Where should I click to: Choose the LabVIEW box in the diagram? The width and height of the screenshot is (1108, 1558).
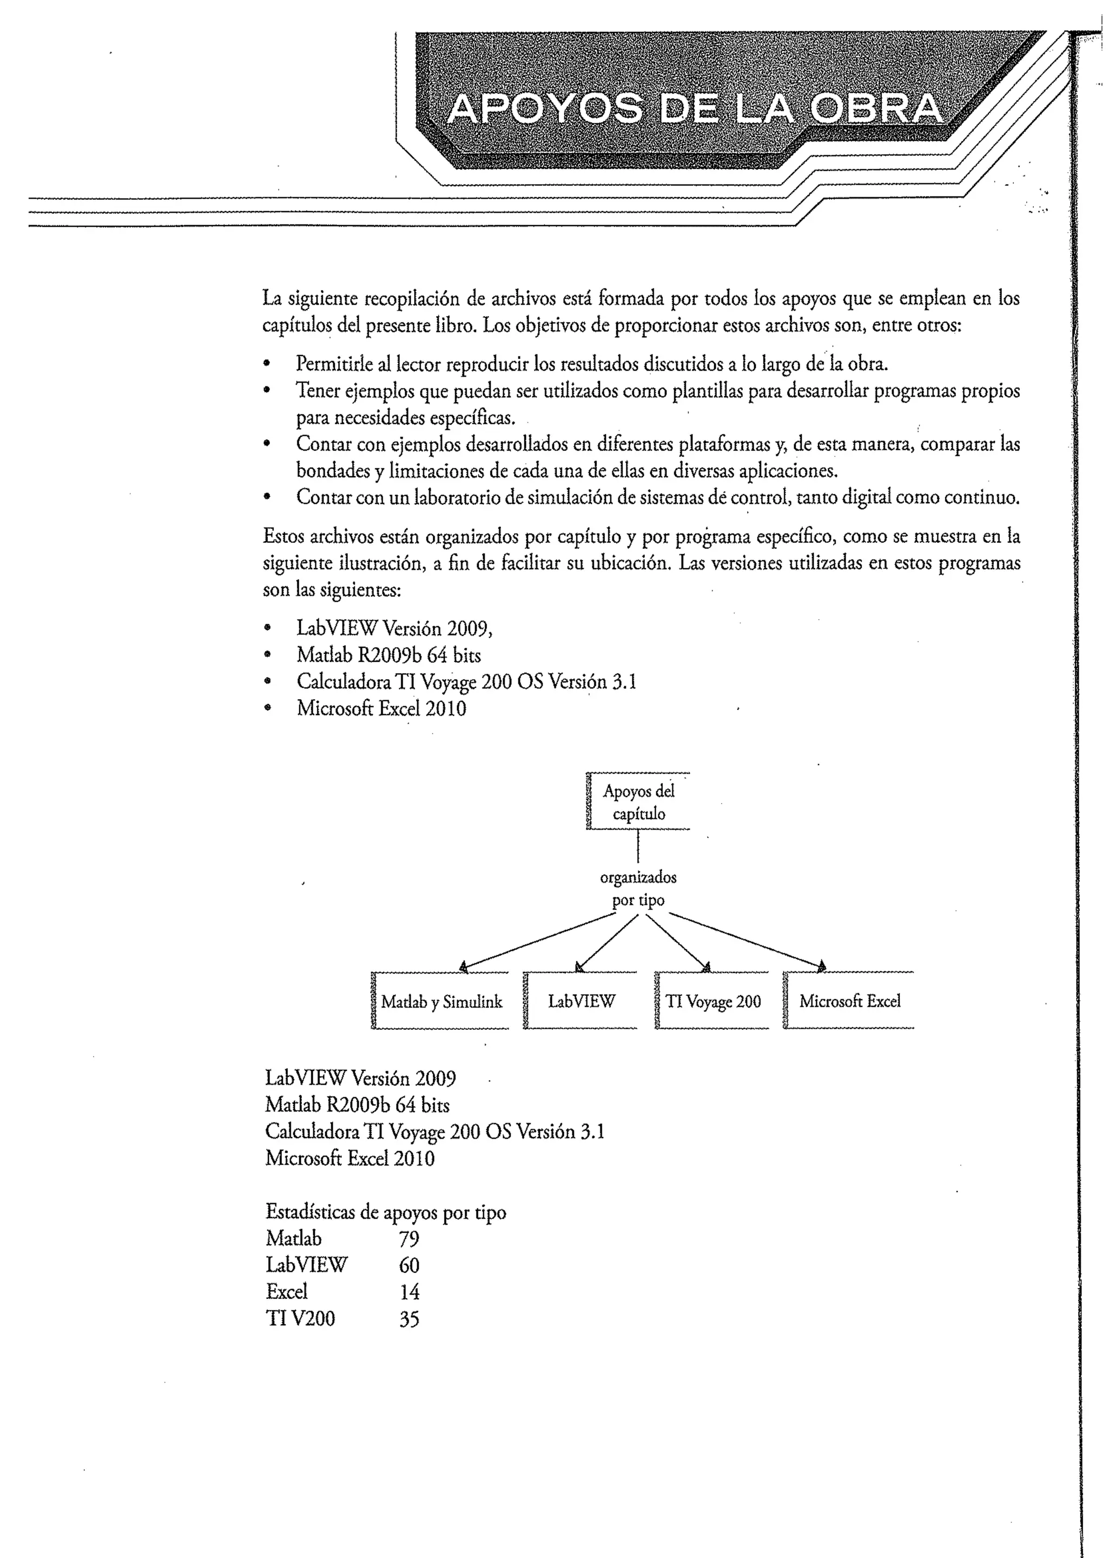coord(581,1001)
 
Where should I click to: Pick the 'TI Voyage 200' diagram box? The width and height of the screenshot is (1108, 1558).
coord(713,1001)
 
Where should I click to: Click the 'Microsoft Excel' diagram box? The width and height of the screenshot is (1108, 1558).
coord(849,1001)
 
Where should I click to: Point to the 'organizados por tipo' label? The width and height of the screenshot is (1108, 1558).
coord(638,889)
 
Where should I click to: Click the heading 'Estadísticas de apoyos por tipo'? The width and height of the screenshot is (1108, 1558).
coord(386,1212)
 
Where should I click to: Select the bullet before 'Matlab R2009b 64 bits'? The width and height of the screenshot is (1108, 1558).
coord(268,655)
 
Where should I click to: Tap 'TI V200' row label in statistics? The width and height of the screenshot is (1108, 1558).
coord(300,1318)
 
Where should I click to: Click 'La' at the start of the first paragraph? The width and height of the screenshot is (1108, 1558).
coord(272,298)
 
